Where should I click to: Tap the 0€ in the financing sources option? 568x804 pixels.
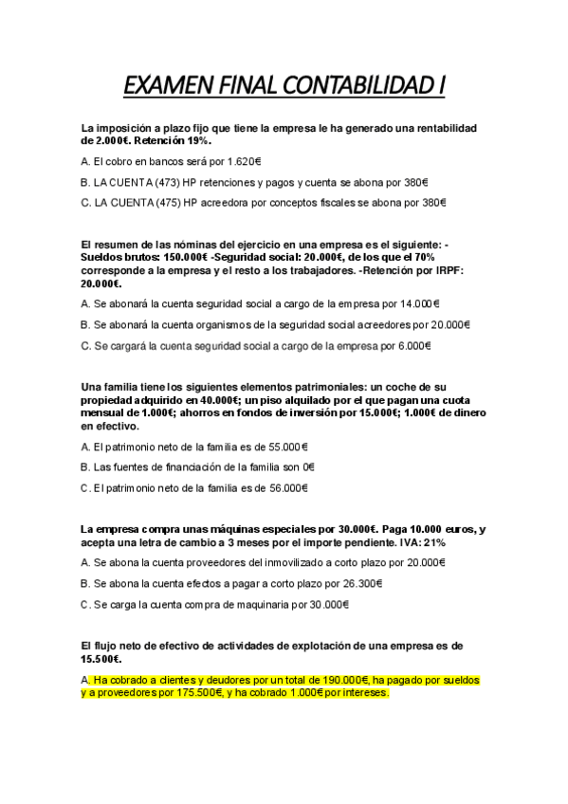(309, 468)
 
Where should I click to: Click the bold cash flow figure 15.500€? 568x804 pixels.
(102, 659)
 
